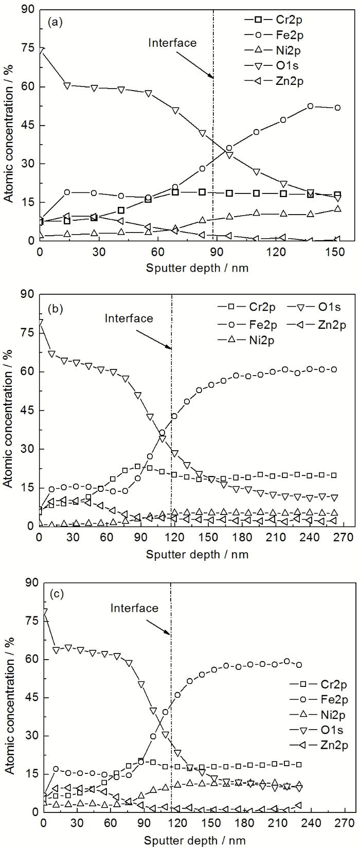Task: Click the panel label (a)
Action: tap(56, 23)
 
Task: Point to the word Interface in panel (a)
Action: tap(172, 43)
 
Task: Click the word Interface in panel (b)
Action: tap(129, 318)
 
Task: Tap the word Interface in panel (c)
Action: tap(135, 608)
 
